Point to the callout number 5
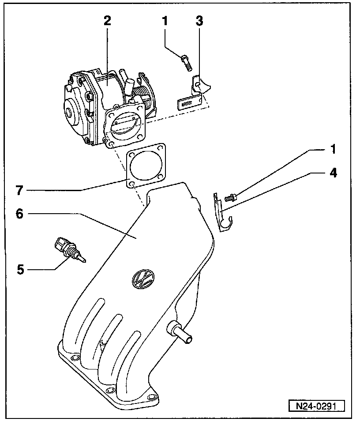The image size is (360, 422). click(x=21, y=269)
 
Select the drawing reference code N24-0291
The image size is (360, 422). click(x=316, y=406)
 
